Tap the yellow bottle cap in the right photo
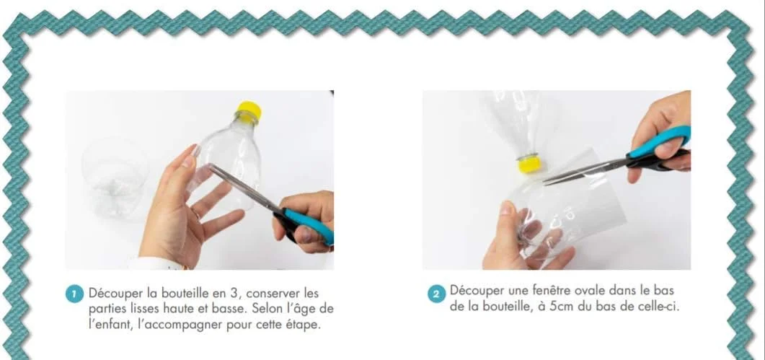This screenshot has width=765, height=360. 529,164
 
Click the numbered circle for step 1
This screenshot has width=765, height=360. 74,294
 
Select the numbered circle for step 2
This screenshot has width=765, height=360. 436,294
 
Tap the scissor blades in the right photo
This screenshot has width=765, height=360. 586,171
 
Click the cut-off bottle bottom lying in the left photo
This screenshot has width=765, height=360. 114,177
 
